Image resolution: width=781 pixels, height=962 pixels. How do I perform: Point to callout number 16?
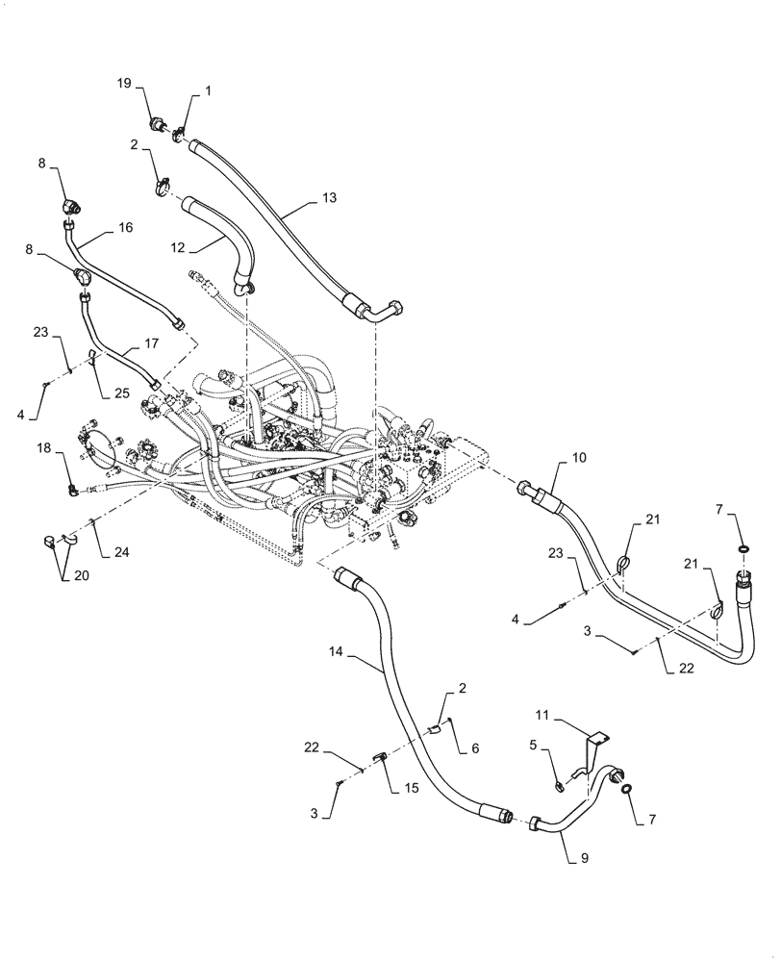(125, 228)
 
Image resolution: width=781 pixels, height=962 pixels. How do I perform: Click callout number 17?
(152, 342)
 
